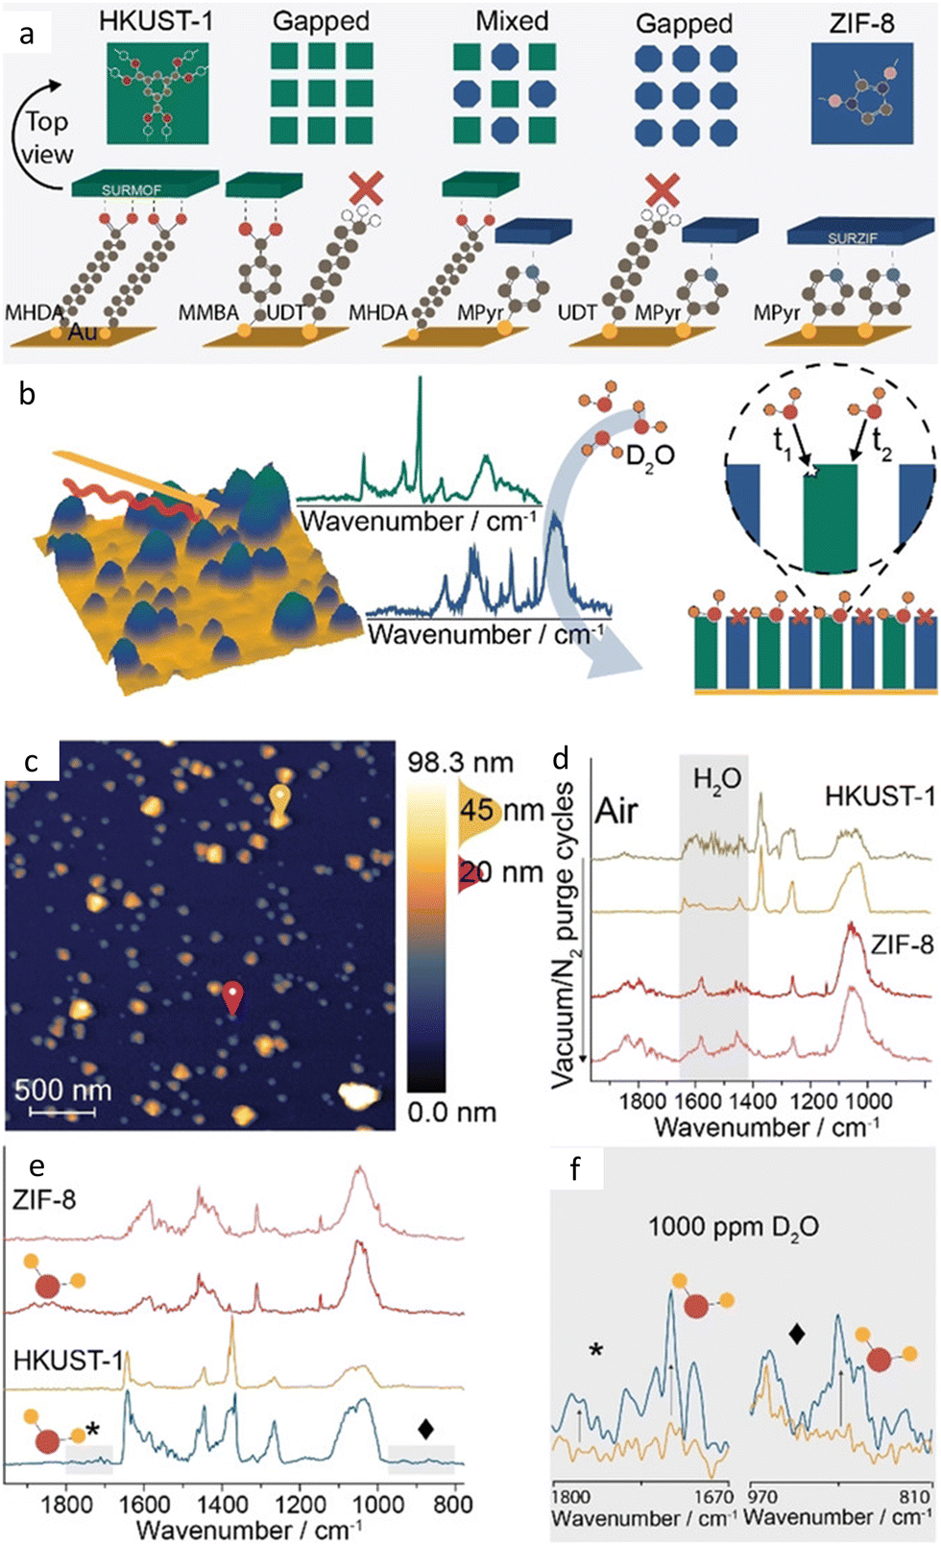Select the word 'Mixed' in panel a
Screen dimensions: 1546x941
pyautogui.click(x=512, y=20)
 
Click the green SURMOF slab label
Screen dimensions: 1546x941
pyautogui.click(x=133, y=190)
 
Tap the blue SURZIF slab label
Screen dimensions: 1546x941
pyautogui.click(x=853, y=236)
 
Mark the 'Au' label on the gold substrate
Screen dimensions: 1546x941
pyautogui.click(x=82, y=333)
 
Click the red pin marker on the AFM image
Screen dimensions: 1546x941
pyautogui.click(x=233, y=994)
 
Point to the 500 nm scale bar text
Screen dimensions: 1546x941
pyautogui.click(x=62, y=1090)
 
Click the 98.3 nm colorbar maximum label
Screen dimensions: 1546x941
pyautogui.click(x=460, y=763)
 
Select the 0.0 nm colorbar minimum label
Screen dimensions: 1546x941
pyautogui.click(x=451, y=1113)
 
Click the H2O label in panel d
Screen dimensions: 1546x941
pyautogui.click(x=716, y=777)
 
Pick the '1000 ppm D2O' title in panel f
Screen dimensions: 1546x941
pyautogui.click(x=734, y=1227)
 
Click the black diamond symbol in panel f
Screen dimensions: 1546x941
pyautogui.click(x=796, y=1333)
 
